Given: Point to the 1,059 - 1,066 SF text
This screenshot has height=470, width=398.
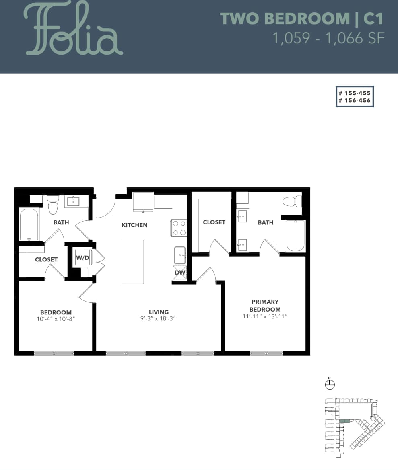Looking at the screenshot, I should [x=328, y=38].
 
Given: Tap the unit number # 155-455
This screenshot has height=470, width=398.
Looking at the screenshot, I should [x=355, y=92].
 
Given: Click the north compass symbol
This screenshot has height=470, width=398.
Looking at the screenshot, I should [x=330, y=384].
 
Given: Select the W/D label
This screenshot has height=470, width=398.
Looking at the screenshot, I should [x=82, y=258].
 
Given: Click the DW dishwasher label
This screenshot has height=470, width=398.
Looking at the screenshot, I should [x=180, y=273].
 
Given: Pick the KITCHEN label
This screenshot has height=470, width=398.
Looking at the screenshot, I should [x=134, y=225].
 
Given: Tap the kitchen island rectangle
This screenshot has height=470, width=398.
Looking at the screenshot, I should [x=133, y=262].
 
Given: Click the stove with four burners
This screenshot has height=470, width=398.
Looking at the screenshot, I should [x=179, y=228].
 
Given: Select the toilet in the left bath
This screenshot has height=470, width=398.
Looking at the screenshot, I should [x=53, y=205].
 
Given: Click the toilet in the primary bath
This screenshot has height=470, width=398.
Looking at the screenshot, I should [x=292, y=201].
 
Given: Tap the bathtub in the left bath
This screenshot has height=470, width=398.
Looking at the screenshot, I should [x=29, y=224].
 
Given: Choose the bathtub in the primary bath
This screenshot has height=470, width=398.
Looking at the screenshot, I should [x=295, y=235].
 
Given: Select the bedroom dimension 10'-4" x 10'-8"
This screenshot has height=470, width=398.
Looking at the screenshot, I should [x=56, y=319].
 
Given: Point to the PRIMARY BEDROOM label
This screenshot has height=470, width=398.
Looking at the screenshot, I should [x=265, y=305].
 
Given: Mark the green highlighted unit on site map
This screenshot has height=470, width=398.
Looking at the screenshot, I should [x=344, y=421].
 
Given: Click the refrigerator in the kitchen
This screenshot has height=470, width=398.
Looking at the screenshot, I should [x=143, y=201].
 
